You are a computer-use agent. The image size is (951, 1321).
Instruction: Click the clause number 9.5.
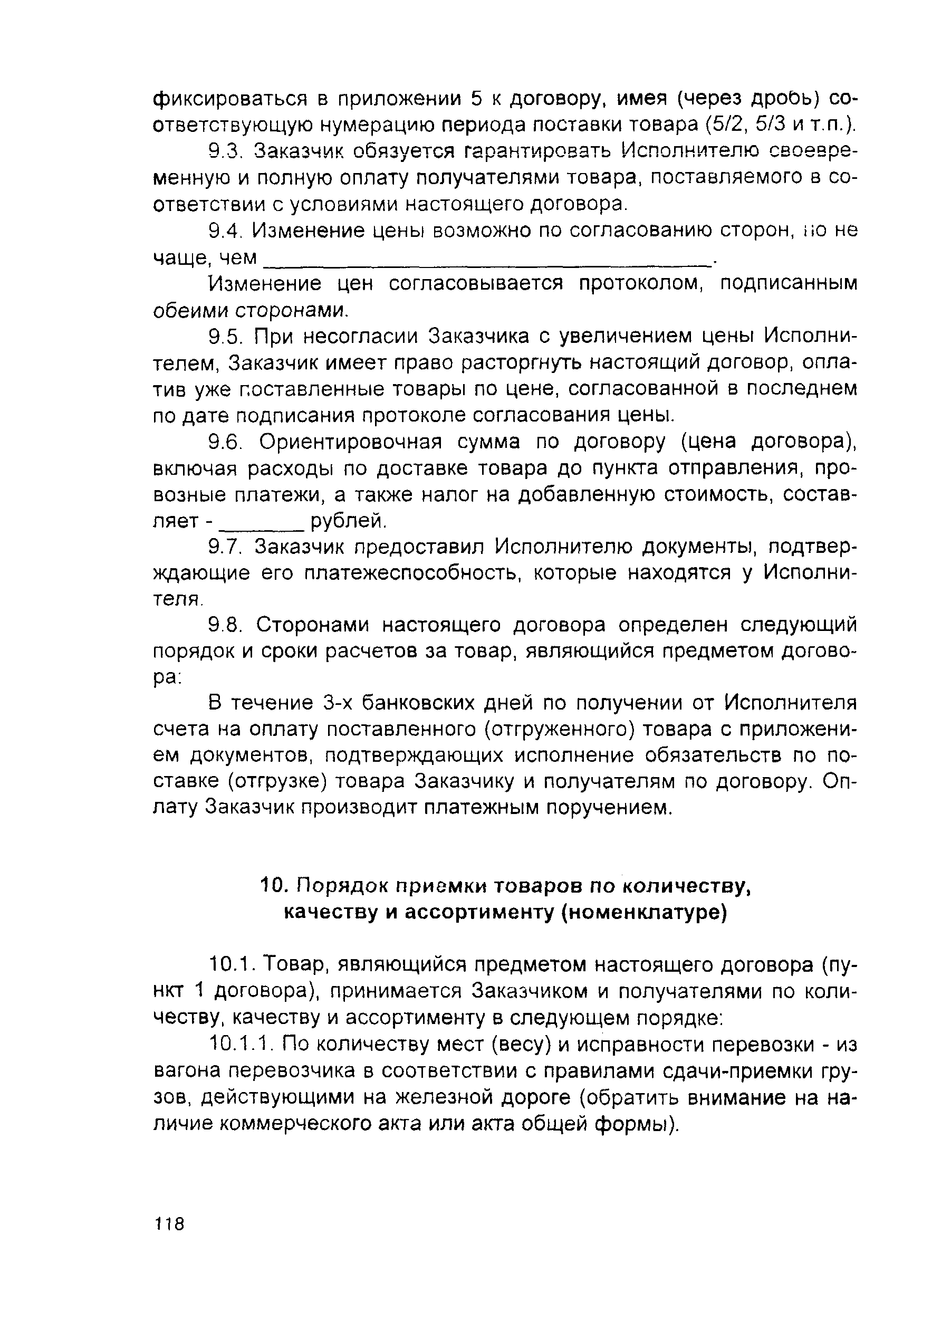(224, 337)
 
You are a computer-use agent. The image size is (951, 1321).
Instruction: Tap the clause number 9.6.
(224, 442)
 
